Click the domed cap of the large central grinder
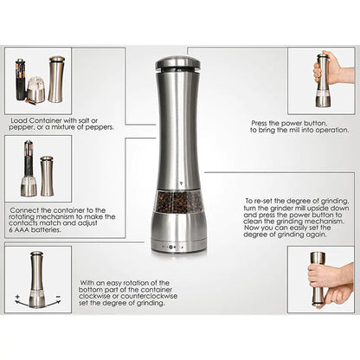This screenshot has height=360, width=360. [178, 62]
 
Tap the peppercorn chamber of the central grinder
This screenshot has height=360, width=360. [177, 202]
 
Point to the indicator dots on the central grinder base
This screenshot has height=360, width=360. [171, 247]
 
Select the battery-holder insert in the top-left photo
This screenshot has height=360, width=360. [20, 80]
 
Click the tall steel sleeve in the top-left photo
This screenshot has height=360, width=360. [56, 79]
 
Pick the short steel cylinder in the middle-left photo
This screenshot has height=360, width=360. [47, 176]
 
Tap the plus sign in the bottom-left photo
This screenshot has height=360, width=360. [16, 298]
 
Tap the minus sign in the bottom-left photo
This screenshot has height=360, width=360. [58, 298]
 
